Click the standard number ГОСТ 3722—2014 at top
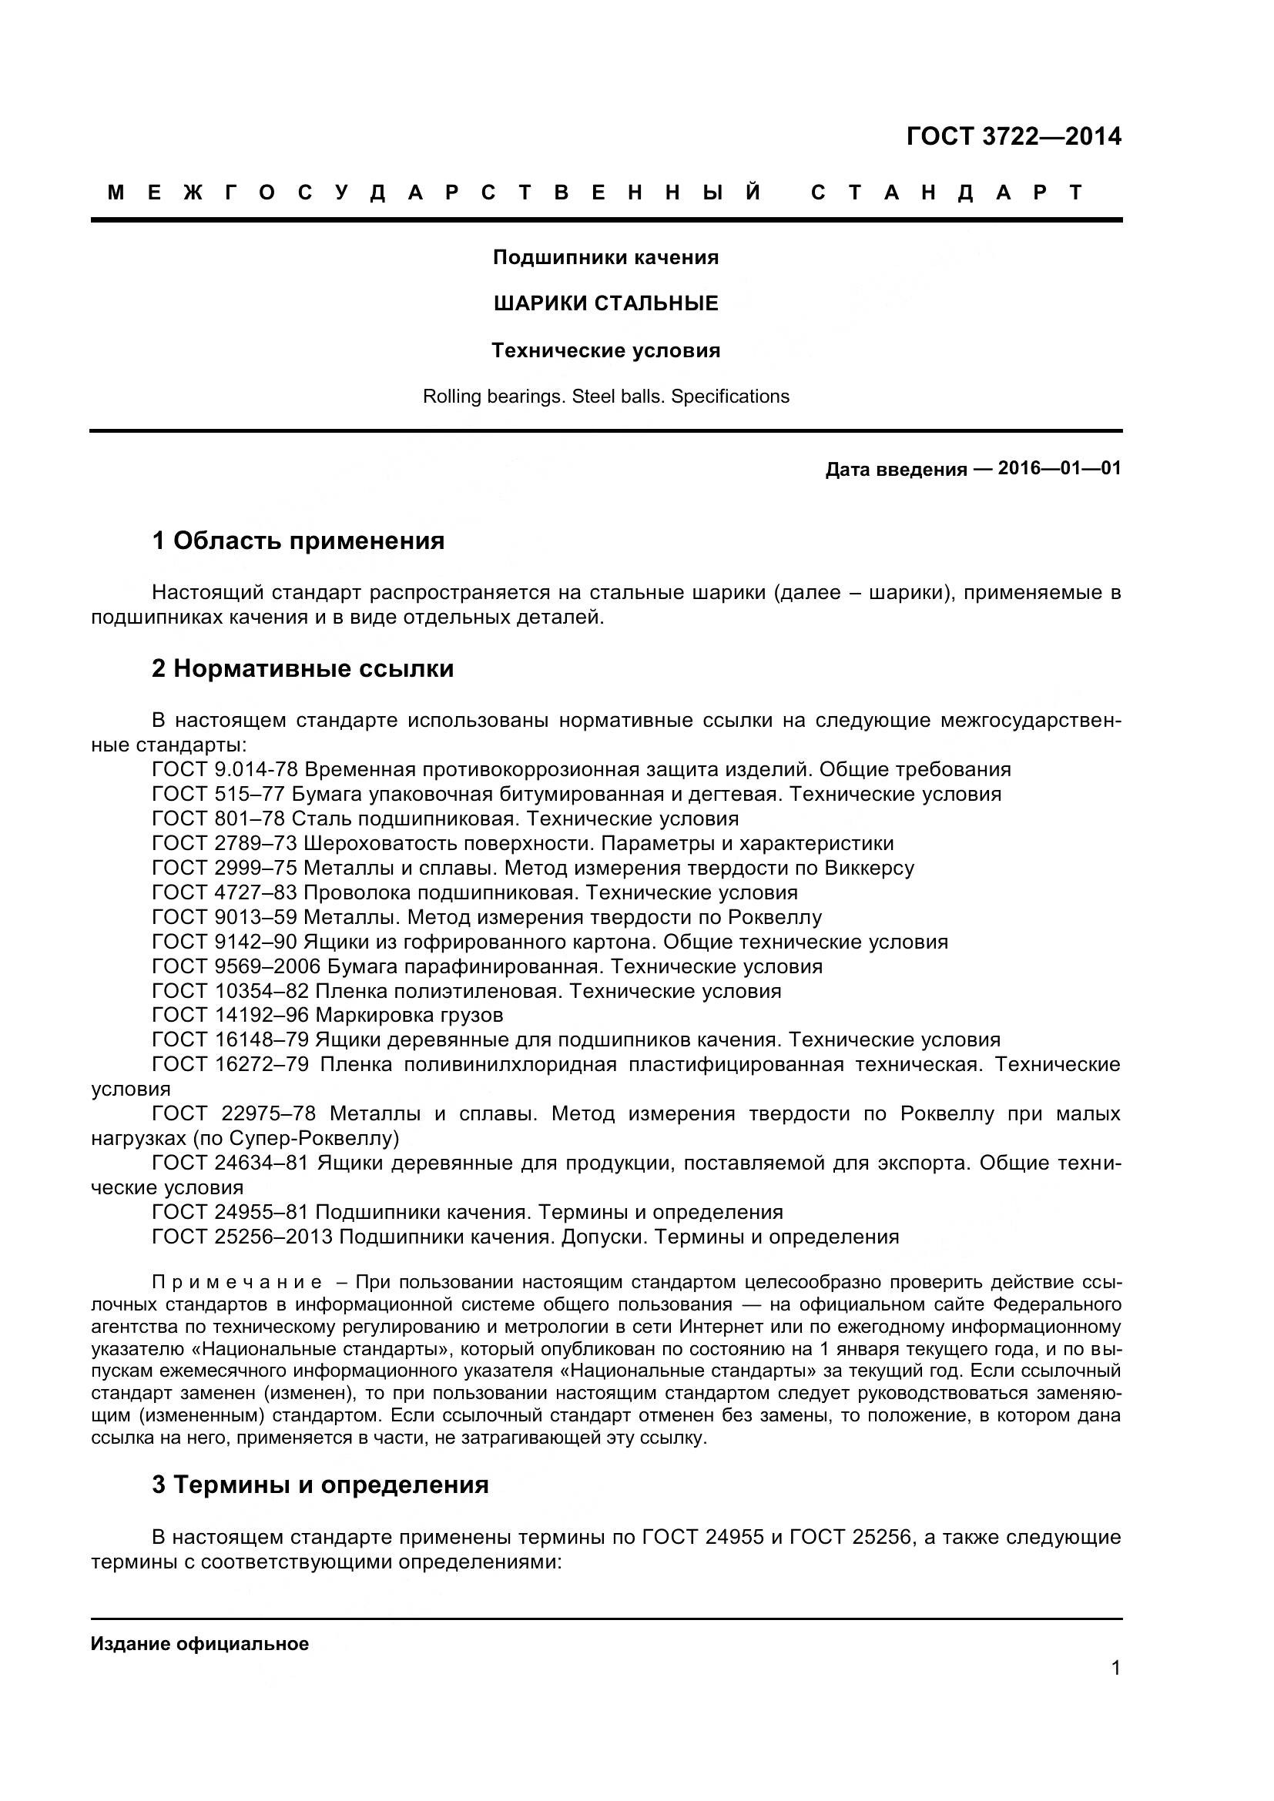1014,137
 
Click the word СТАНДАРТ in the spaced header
947,193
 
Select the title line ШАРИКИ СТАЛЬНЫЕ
605,303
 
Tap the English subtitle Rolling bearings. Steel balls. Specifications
605,397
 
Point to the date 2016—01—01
1059,469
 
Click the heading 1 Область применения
298,541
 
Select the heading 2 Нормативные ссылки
303,669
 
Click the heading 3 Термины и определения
320,1485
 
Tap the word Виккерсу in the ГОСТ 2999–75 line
869,869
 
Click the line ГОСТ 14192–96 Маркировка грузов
327,1016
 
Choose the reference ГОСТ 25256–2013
243,1237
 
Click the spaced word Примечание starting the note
237,1283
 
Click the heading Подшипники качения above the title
605,257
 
